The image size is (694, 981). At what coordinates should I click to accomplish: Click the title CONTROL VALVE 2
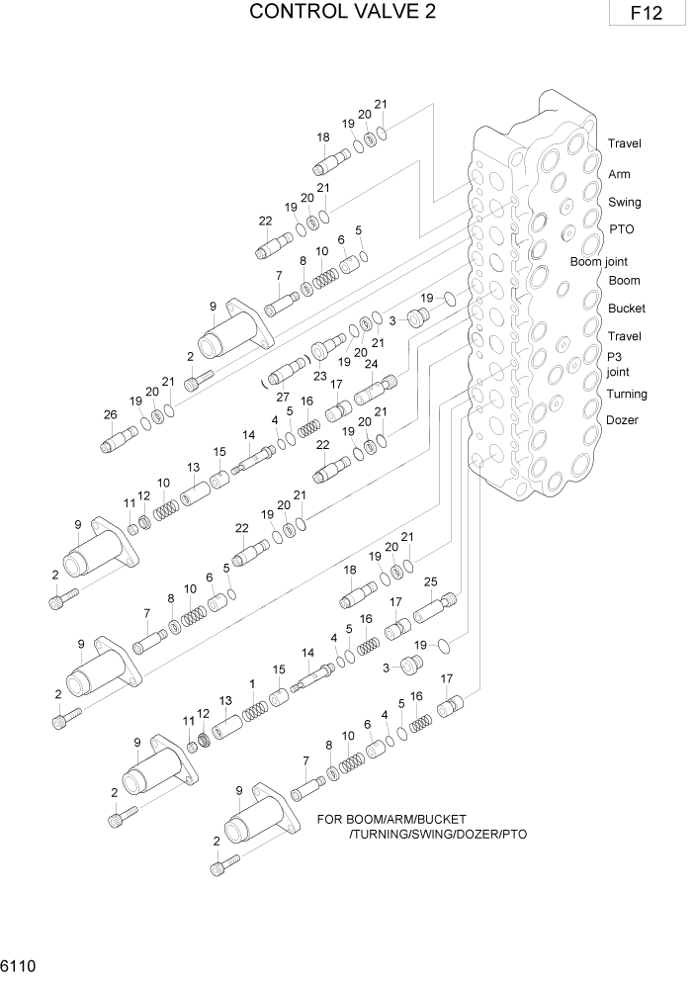pyautogui.click(x=342, y=12)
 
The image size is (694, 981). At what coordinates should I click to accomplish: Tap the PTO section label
pyautogui.click(x=622, y=229)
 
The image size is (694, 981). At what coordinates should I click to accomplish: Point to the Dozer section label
pyautogui.click(x=623, y=420)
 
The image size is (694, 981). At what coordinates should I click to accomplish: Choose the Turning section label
pyautogui.click(x=627, y=395)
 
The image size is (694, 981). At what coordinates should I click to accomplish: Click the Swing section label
pyautogui.click(x=624, y=203)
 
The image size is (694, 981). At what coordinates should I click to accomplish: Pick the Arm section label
pyautogui.click(x=619, y=175)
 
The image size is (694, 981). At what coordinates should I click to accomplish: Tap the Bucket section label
pyautogui.click(x=627, y=309)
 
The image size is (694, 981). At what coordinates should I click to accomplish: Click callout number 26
pyautogui.click(x=110, y=413)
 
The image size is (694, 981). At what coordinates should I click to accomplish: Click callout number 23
pyautogui.click(x=319, y=375)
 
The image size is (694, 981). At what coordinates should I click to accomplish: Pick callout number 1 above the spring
pyautogui.click(x=252, y=684)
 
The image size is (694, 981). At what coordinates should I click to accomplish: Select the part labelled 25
pyautogui.click(x=435, y=606)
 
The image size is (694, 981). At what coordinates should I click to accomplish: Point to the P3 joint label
pyautogui.click(x=618, y=365)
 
